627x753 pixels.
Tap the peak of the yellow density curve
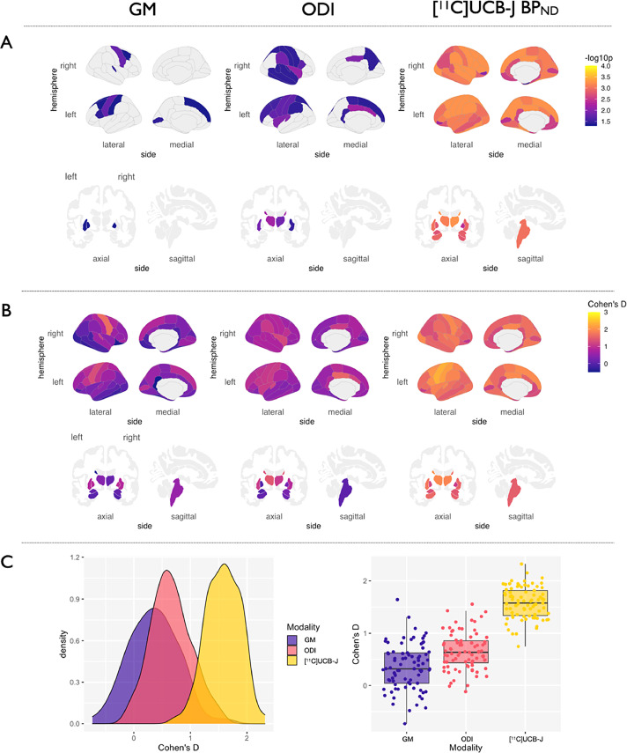(x=225, y=565)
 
